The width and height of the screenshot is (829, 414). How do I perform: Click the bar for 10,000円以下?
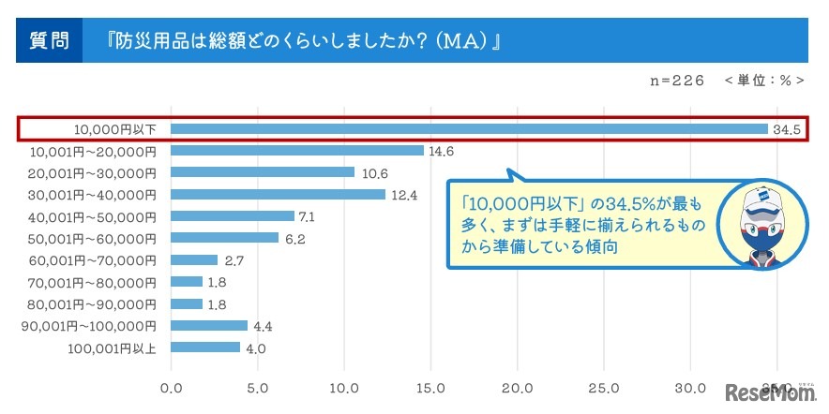469,128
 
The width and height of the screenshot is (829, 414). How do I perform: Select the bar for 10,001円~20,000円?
297,150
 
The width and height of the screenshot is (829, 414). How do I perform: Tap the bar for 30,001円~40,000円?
279,194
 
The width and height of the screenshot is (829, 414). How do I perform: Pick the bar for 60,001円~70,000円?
194,260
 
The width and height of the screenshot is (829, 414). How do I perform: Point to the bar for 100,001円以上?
205,347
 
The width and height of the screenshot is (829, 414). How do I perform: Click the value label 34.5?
786,129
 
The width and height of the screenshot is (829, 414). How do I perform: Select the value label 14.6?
442,151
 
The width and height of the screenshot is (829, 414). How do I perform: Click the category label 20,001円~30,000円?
95,172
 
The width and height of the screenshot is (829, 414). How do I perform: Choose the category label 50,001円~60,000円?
95,238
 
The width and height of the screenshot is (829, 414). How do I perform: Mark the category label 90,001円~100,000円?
89,326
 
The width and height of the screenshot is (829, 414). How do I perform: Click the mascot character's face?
763,224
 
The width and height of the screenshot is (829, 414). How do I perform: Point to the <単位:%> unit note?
764,81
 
